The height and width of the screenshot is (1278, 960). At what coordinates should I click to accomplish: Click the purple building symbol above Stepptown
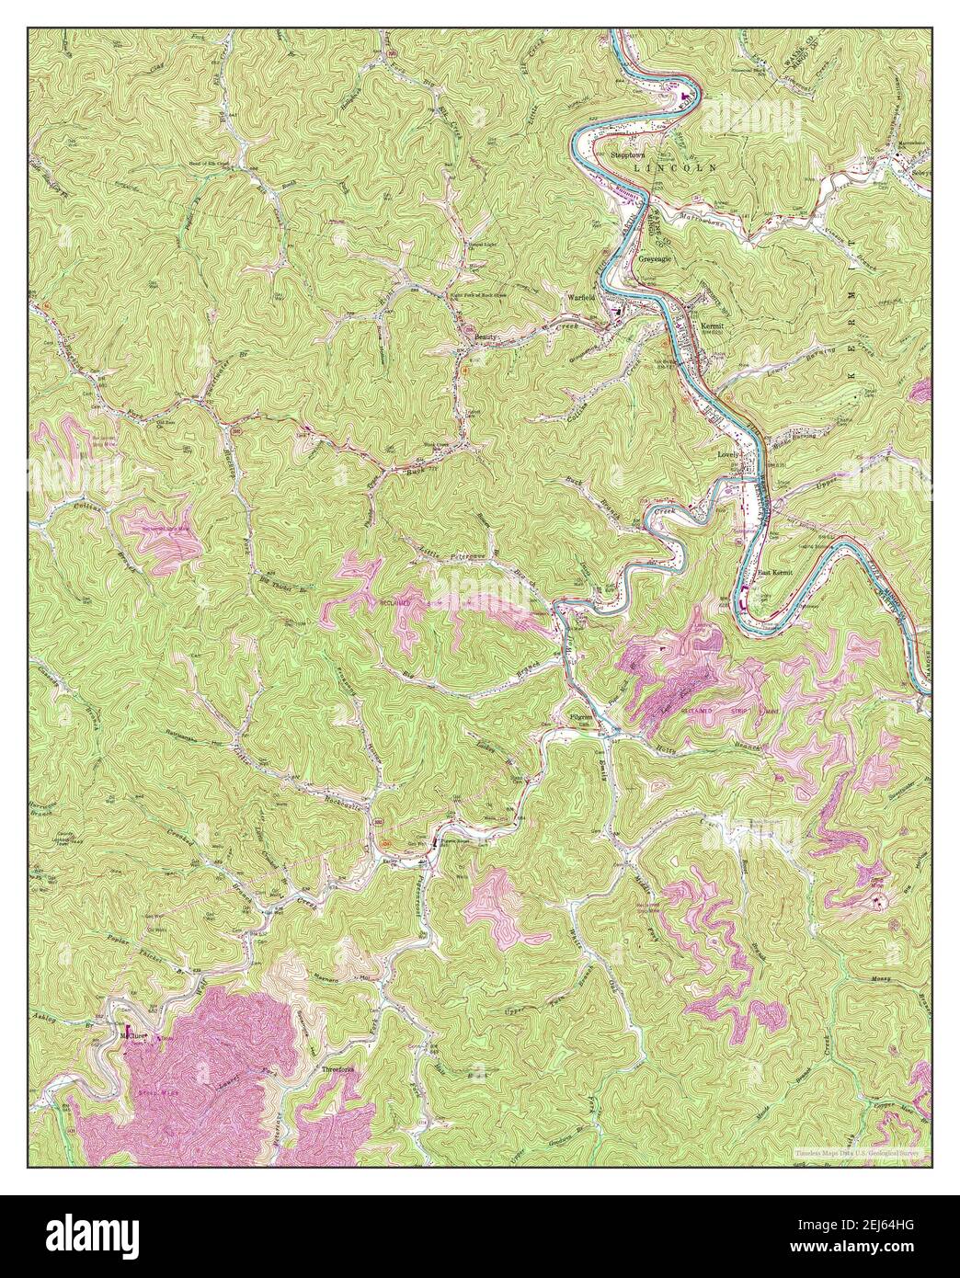point(682,96)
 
